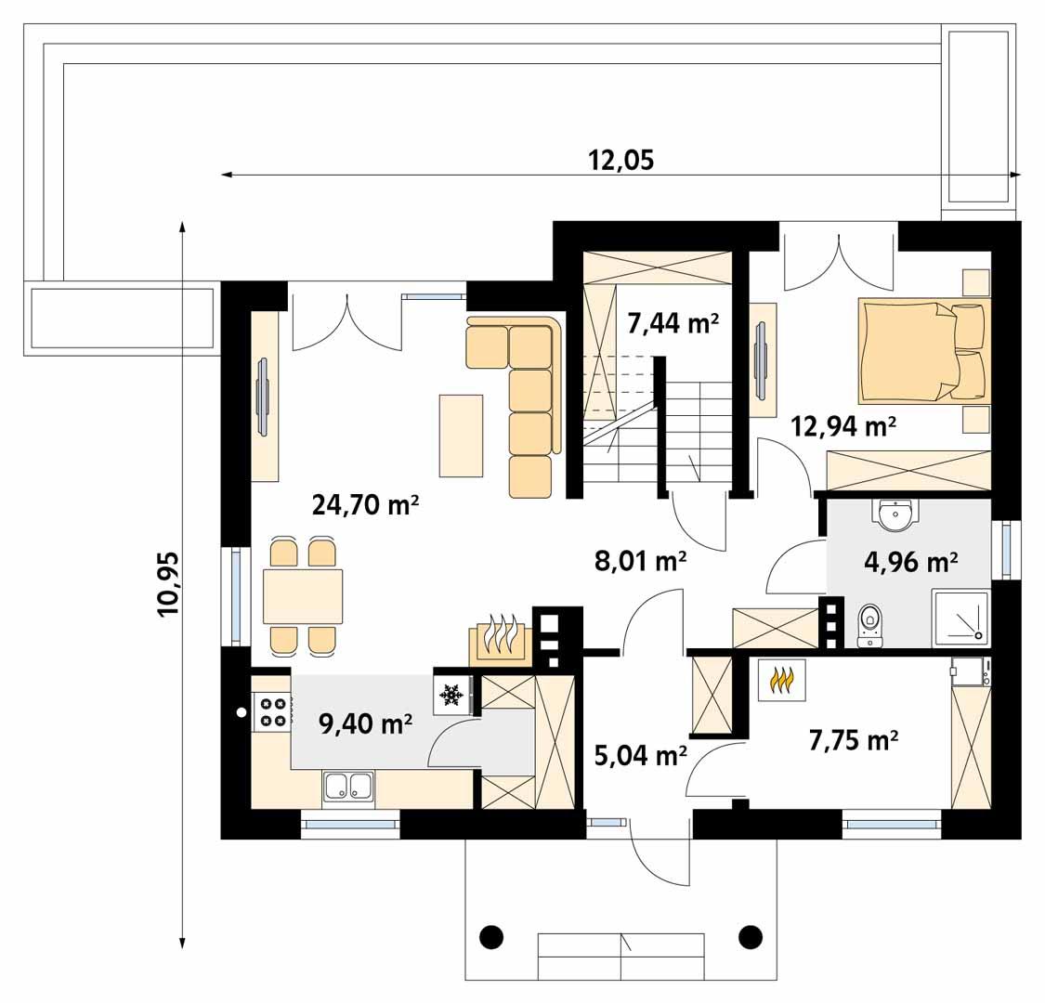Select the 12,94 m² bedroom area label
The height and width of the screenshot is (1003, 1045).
(x=843, y=426)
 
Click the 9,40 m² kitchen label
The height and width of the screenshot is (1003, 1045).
(x=366, y=723)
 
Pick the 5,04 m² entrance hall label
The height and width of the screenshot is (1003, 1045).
(x=640, y=755)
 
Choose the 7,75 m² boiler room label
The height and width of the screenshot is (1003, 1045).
(x=853, y=739)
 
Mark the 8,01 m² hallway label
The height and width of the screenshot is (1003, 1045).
(x=640, y=560)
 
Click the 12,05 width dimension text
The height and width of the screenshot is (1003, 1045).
(x=621, y=161)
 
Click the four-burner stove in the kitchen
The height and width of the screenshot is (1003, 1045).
(x=272, y=711)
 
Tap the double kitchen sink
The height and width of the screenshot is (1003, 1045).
(x=349, y=786)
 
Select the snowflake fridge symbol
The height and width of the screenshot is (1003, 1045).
(x=452, y=694)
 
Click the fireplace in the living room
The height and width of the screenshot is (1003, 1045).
(x=501, y=639)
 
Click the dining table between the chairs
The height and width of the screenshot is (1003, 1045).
(x=303, y=595)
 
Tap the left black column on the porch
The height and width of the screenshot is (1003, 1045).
(x=492, y=933)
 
